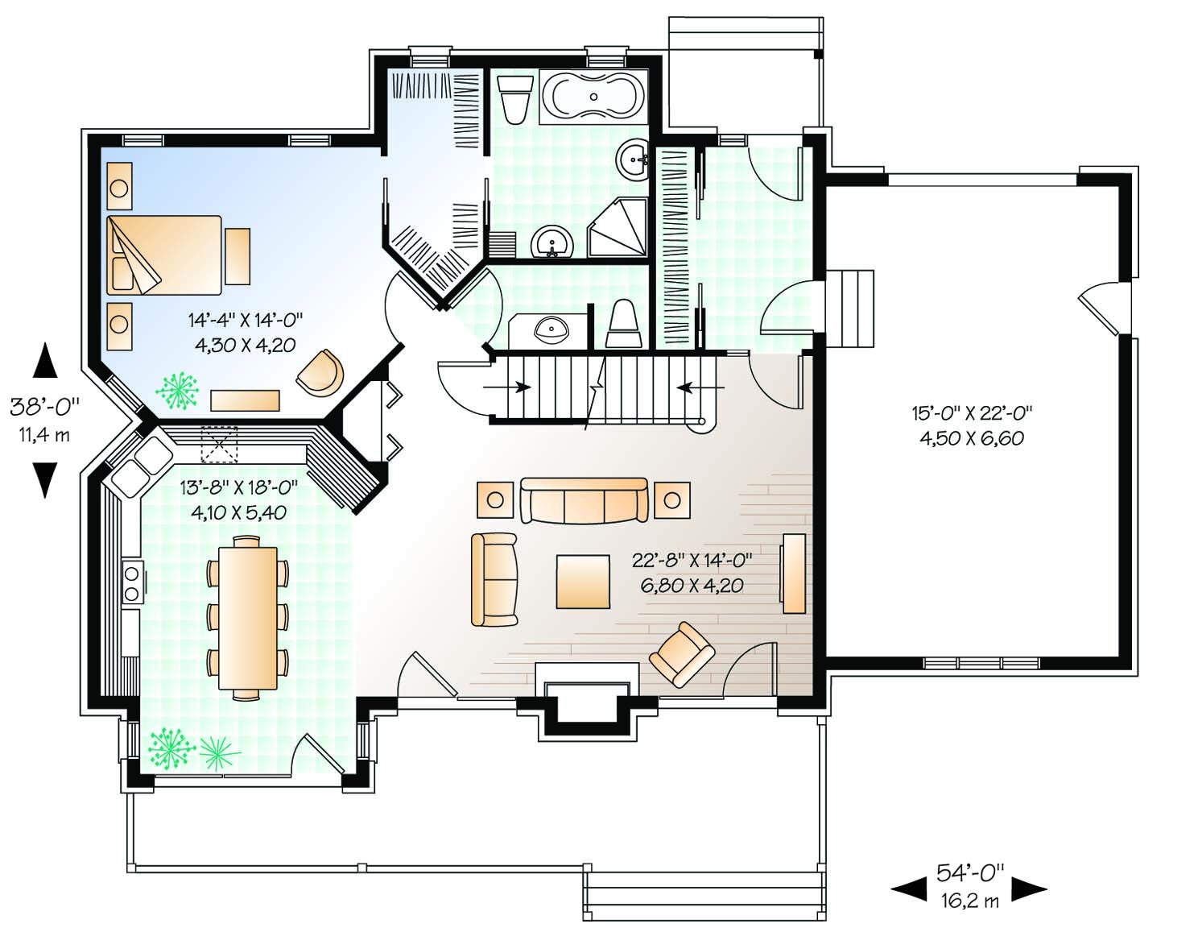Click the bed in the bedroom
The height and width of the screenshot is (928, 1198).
[x=163, y=255]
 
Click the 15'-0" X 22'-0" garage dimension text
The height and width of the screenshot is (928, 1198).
[x=972, y=425]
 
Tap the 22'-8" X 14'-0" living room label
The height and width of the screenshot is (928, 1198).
[x=692, y=572]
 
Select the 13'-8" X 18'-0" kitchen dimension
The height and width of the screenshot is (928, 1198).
[x=238, y=499]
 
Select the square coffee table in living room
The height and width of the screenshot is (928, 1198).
[x=583, y=580]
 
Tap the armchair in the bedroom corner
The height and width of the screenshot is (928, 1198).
[x=320, y=373]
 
